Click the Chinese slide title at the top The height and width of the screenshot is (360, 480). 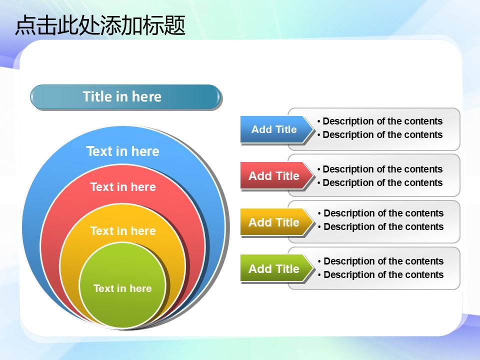(100, 25)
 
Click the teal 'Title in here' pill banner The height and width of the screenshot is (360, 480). (125, 97)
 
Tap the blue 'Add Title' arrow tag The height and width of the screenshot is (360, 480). (277, 129)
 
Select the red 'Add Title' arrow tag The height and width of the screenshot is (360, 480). (277, 175)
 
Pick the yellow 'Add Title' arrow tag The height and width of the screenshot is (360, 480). (277, 222)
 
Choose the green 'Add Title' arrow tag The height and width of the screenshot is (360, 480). (277, 268)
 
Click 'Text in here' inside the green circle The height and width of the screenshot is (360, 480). (122, 288)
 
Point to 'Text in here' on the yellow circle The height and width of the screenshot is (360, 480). (123, 231)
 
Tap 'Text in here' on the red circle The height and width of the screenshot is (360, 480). (123, 186)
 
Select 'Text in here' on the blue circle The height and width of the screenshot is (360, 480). (123, 151)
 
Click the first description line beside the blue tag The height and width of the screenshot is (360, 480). (380, 121)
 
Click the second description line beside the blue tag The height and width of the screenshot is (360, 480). (380, 134)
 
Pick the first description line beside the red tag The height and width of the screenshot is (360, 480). (380, 169)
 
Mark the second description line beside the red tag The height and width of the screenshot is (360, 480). (380, 183)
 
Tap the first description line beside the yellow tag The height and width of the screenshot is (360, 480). (381, 213)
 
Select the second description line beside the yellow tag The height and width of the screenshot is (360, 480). (381, 226)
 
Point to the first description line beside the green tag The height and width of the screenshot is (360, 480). (381, 261)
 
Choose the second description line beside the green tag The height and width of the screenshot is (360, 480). (381, 274)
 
